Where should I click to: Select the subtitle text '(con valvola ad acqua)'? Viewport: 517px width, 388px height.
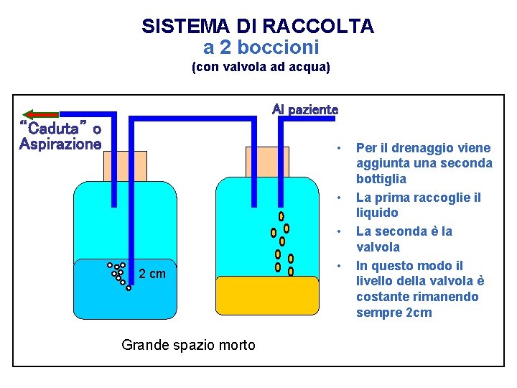click(x=261, y=68)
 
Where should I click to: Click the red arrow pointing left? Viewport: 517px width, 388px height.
click(x=40, y=114)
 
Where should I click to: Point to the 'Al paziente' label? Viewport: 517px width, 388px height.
click(x=304, y=110)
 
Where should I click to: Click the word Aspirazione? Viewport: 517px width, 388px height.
click(x=60, y=144)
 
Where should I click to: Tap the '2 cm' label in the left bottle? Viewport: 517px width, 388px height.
click(x=152, y=274)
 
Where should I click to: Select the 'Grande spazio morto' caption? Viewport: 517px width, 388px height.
click(x=188, y=345)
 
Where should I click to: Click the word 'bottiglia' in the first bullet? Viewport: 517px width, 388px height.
click(x=381, y=178)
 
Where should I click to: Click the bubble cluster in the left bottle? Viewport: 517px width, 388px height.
click(x=119, y=275)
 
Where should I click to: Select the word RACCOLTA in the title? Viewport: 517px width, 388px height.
click(x=318, y=27)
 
